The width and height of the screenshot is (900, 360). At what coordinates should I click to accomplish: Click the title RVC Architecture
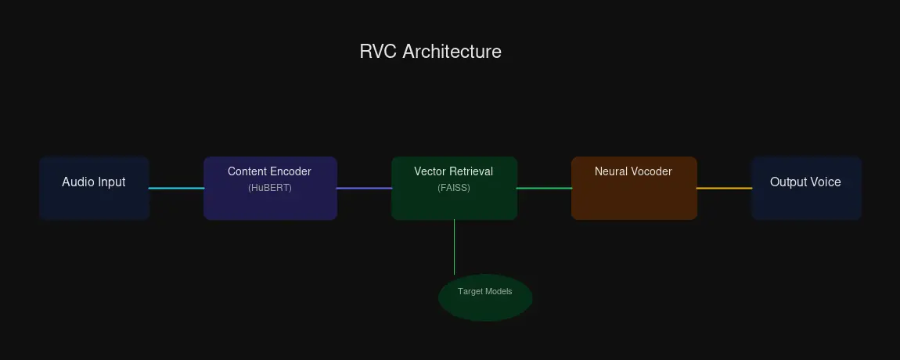pyautogui.click(x=430, y=52)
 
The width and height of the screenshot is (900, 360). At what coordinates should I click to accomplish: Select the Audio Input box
pyautogui.click(x=94, y=188)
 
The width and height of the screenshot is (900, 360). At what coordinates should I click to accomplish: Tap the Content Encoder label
pyautogui.click(x=269, y=171)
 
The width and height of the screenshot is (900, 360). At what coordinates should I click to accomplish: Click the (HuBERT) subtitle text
pyautogui.click(x=269, y=188)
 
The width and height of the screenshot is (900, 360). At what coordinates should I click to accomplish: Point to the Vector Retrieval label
pyautogui.click(x=453, y=171)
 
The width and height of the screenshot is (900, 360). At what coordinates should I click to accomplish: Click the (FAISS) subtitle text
pyautogui.click(x=454, y=188)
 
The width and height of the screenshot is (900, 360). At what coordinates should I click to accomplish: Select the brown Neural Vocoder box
pyautogui.click(x=634, y=196)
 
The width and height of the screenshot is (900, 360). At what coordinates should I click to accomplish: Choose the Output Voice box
pyautogui.click(x=806, y=188)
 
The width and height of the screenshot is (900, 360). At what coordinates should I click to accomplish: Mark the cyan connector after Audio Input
pyautogui.click(x=176, y=188)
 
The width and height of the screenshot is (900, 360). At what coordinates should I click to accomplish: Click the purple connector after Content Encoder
pyautogui.click(x=364, y=188)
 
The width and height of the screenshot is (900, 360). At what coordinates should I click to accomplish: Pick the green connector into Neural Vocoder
pyautogui.click(x=544, y=188)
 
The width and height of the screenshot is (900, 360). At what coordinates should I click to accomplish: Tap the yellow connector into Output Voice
pyautogui.click(x=724, y=188)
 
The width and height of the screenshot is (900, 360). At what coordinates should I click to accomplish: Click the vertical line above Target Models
pyautogui.click(x=454, y=247)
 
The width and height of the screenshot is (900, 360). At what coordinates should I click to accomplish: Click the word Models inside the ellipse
pyautogui.click(x=499, y=291)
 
